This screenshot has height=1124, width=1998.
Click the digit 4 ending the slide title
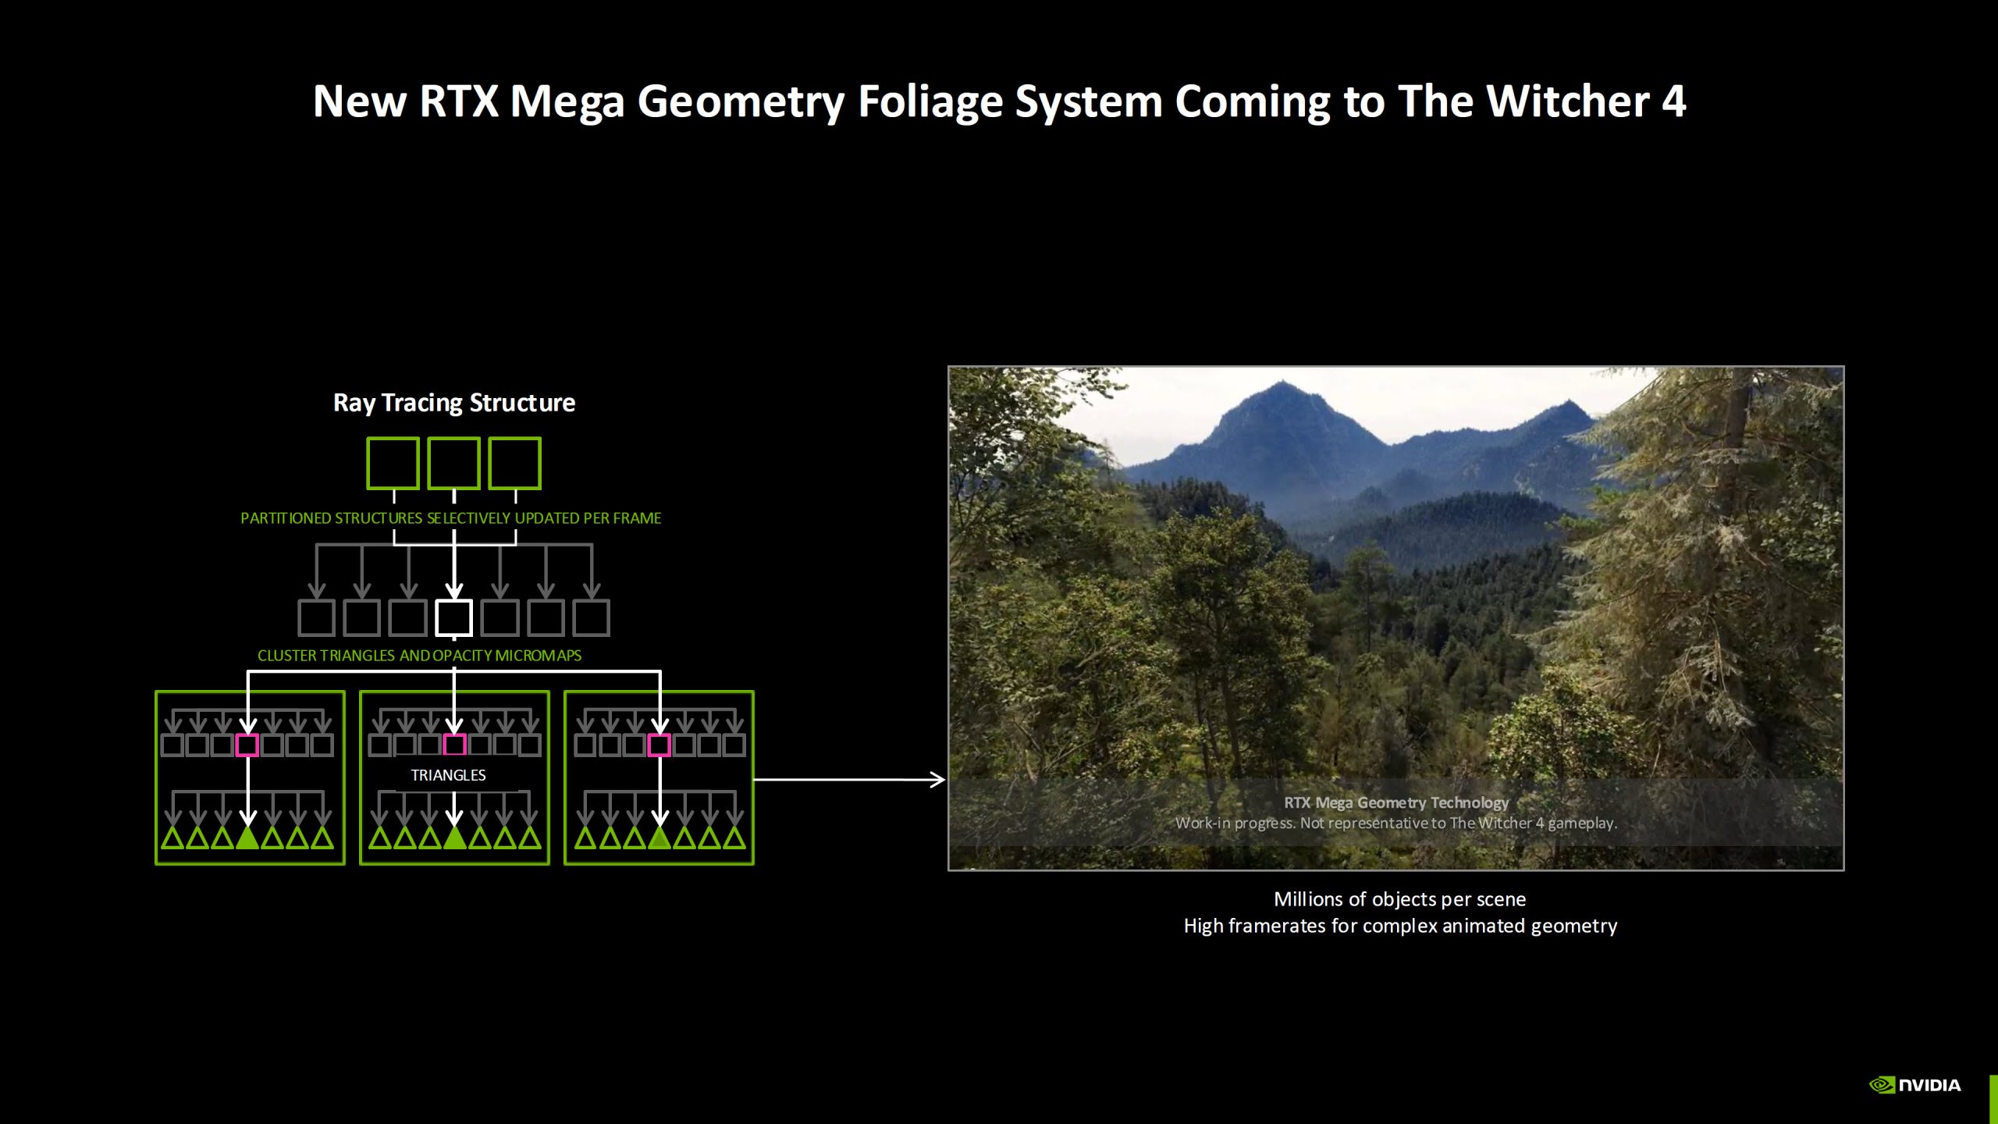click(x=1673, y=101)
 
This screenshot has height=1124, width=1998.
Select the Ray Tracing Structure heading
click(x=453, y=403)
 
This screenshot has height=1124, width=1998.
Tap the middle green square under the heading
click(x=453, y=463)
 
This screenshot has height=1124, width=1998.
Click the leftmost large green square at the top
click(x=393, y=463)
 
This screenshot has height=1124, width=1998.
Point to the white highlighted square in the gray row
click(x=453, y=617)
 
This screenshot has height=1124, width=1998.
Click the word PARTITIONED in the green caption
click(x=286, y=518)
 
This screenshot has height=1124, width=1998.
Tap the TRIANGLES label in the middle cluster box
click(x=448, y=775)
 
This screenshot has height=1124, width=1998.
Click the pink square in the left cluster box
click(x=247, y=745)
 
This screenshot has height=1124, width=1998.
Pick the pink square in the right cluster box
click(x=659, y=745)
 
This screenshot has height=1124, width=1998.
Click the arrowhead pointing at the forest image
click(x=938, y=779)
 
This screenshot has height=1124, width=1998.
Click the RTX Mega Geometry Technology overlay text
click(x=1395, y=802)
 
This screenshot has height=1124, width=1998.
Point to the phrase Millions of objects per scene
click(x=1399, y=899)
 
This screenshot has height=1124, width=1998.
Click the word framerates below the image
click(x=1278, y=926)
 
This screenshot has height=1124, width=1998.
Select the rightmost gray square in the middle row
click(x=591, y=617)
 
